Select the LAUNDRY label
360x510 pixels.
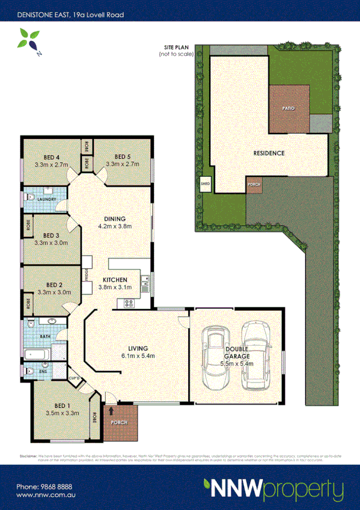46,199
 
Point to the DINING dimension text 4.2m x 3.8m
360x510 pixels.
115,226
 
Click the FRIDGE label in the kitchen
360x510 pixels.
87,274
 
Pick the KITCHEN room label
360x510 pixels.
114,280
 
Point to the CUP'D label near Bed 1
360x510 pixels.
75,378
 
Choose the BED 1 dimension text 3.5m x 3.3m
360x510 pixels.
63,413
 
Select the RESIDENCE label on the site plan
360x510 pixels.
268,153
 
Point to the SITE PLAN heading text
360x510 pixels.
179,47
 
